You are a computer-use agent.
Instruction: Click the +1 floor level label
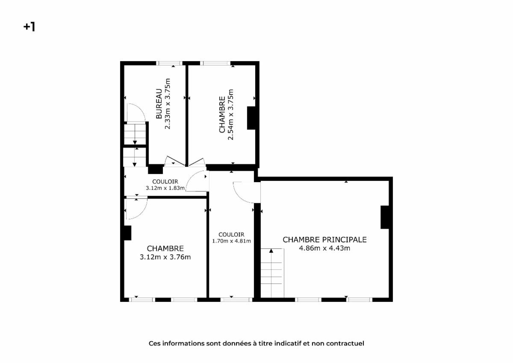(29, 27)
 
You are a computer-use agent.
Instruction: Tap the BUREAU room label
(159, 104)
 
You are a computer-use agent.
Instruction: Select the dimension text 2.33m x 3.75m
(168, 104)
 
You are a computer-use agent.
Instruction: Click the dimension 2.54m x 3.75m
(230, 115)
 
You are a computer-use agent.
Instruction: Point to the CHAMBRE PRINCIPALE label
(324, 239)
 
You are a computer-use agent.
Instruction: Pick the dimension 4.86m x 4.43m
(324, 248)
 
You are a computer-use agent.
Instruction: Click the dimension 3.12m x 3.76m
(165, 257)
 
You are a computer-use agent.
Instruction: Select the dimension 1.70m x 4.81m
(231, 241)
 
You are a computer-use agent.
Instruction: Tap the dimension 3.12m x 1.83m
(165, 188)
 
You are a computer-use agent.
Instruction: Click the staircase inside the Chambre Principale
(272, 273)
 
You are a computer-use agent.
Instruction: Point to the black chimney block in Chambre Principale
(385, 217)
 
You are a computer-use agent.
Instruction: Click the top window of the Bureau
(169, 63)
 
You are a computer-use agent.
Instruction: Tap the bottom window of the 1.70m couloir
(236, 300)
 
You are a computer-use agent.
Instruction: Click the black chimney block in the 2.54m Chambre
(251, 118)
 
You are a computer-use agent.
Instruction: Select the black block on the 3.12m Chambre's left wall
(127, 233)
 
